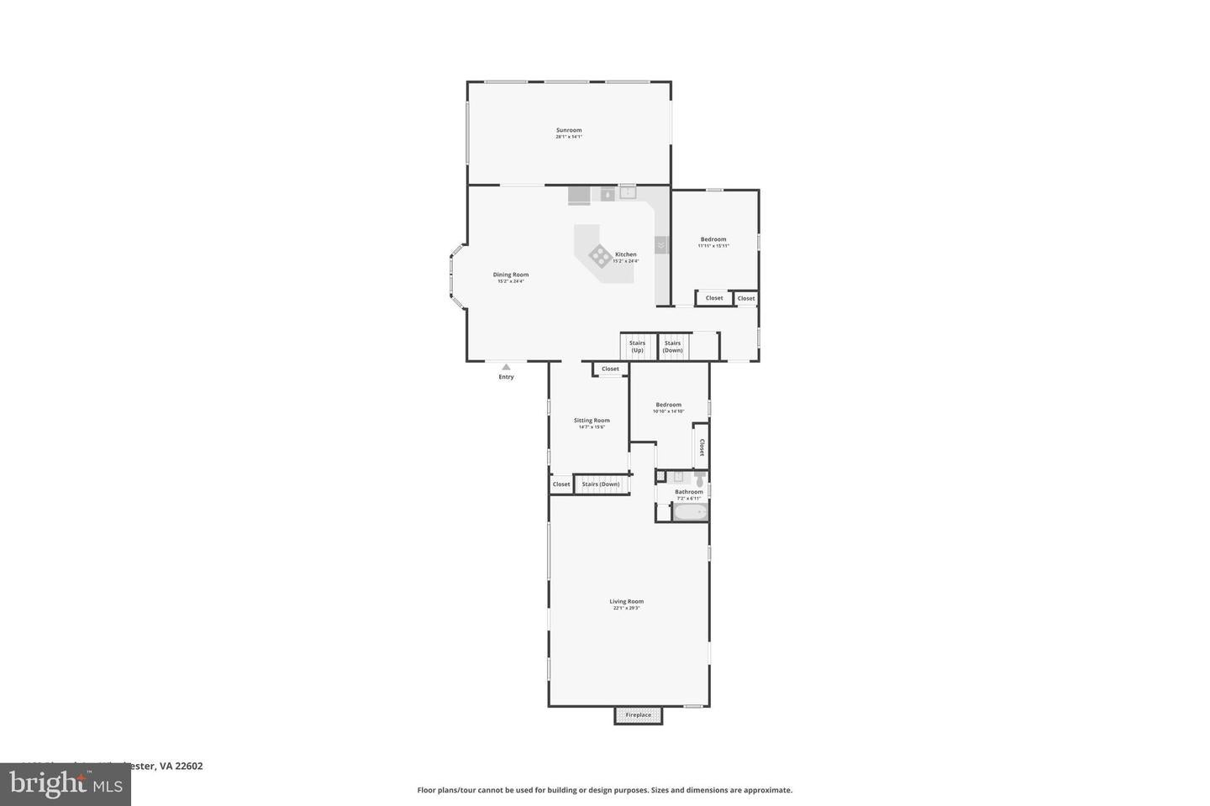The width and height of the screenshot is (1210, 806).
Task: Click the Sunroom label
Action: tap(569, 130)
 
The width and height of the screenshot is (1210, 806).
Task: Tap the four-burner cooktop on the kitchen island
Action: tap(600, 255)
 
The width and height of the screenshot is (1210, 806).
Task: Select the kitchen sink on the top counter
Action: tap(628, 192)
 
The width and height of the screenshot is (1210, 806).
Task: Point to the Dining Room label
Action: tap(510, 275)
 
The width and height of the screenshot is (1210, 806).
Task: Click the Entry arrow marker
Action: tap(506, 367)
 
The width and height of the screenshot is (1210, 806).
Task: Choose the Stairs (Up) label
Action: tap(637, 346)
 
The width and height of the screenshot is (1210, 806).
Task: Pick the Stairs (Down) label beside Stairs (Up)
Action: tap(672, 346)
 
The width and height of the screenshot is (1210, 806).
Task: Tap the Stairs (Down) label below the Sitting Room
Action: tap(601, 484)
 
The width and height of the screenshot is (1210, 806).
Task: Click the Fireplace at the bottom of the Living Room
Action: tap(638, 715)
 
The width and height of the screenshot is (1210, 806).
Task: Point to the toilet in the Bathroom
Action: tap(699, 479)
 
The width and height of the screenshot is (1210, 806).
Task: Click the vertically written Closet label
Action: tap(702, 447)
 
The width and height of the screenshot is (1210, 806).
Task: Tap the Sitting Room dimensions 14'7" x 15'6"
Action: tap(592, 427)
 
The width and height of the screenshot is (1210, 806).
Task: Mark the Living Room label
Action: tap(626, 601)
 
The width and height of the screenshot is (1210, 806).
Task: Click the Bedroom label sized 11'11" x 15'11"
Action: tap(713, 239)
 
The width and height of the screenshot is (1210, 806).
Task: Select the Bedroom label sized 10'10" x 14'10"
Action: tap(669, 405)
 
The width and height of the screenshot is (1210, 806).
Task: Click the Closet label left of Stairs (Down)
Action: tap(561, 484)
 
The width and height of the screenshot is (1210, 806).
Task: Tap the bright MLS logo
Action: tap(65, 784)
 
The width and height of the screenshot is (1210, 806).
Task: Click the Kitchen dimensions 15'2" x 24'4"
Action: tap(625, 261)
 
